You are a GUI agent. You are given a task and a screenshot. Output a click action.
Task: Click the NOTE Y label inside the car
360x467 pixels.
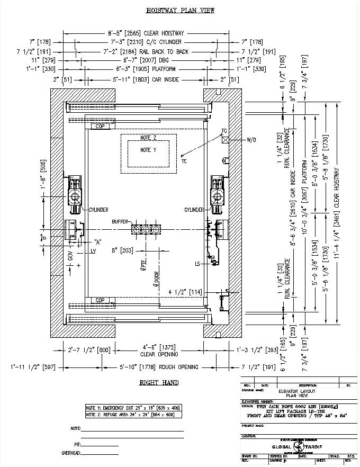[x=149, y=150]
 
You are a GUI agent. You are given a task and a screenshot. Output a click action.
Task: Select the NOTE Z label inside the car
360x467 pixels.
[x=149, y=138]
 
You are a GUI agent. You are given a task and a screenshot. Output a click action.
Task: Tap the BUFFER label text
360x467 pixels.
[x=121, y=222]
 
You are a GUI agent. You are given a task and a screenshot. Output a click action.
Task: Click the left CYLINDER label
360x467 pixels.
[x=98, y=210]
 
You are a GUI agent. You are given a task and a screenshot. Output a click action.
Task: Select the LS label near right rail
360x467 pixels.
[x=197, y=263]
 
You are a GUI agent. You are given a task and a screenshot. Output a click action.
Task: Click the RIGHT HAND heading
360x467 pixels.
[x=158, y=382]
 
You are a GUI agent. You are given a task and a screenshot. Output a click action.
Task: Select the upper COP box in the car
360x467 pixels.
[x=99, y=127]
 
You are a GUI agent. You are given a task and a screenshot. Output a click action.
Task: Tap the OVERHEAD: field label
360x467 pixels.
[x=72, y=453]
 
